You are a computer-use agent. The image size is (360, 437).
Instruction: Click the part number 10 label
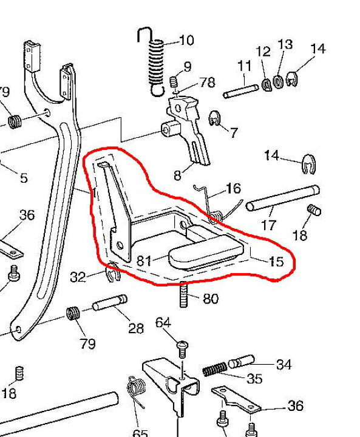tap(186, 41)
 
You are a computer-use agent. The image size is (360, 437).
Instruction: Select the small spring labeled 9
tap(174, 82)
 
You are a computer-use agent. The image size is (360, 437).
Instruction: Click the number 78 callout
tap(207, 83)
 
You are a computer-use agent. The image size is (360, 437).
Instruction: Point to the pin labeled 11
tap(241, 92)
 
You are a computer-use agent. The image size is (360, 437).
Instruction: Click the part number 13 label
tap(285, 44)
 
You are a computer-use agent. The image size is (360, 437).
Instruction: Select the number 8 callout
tap(177, 175)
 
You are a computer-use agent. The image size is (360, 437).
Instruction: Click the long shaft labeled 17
tap(283, 198)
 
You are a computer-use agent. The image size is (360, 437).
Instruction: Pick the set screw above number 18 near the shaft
tap(314, 210)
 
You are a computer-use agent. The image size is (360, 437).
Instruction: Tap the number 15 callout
tap(276, 262)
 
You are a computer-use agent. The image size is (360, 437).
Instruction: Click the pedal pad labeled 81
tap(206, 252)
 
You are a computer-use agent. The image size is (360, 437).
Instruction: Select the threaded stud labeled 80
tap(183, 294)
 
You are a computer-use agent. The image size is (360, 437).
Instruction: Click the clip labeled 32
tap(113, 272)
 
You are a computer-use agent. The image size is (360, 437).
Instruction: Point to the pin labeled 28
tap(110, 303)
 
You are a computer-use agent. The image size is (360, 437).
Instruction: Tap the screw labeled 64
tap(182, 349)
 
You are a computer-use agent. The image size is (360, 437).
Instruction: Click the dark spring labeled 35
tap(214, 369)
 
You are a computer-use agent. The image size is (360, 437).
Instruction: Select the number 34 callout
tap(284, 365)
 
